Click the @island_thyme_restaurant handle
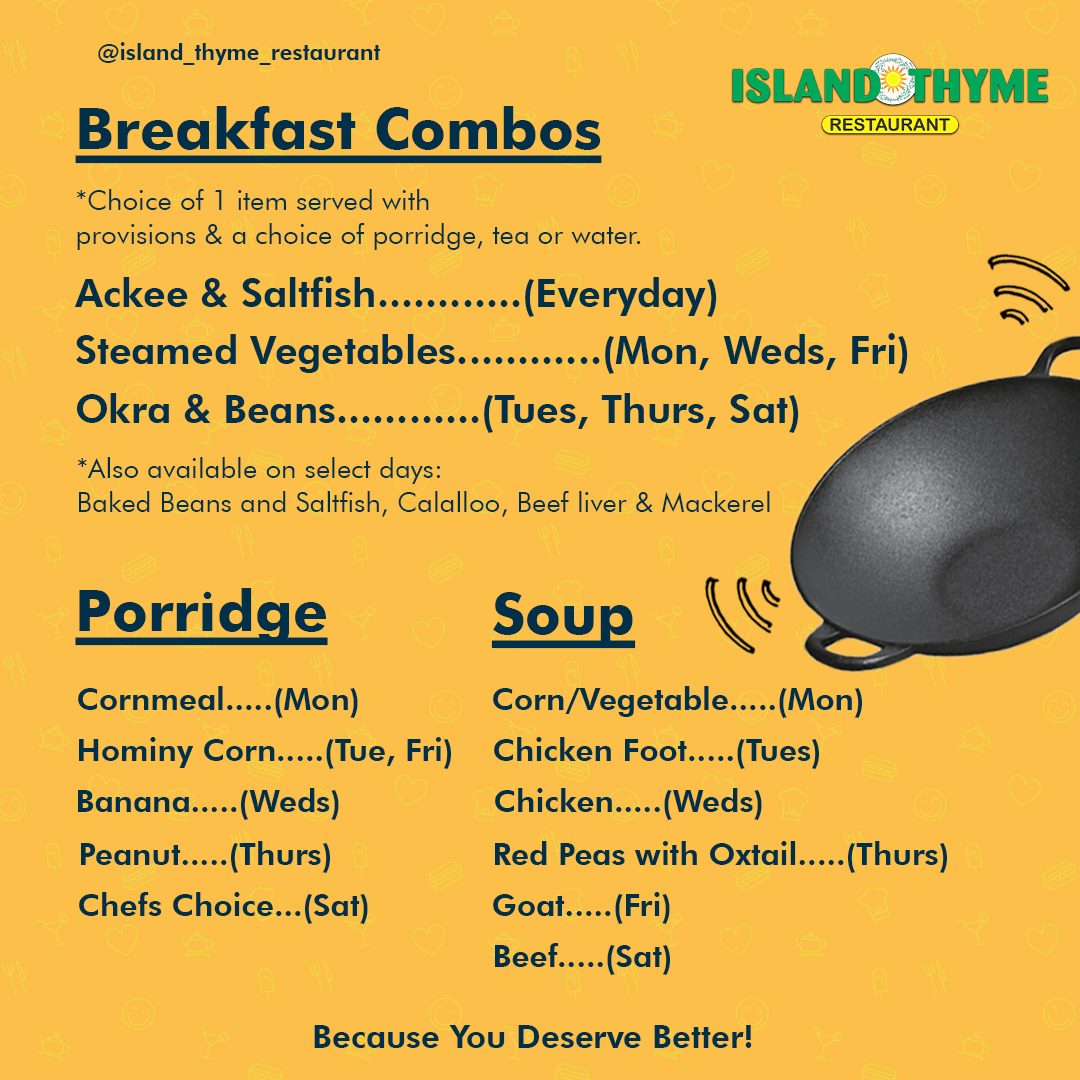[238, 53]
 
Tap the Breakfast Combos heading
[338, 130]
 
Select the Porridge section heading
[201, 614]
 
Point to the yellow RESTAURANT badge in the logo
[889, 125]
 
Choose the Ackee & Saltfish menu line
[397, 294]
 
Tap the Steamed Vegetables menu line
[492, 351]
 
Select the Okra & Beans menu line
[437, 410]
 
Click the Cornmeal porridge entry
[218, 700]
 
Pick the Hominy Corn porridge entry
[264, 751]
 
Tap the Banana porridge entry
[208, 802]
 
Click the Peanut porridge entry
[205, 855]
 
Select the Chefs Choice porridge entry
[223, 906]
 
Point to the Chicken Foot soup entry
[656, 751]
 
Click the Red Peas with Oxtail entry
[720, 855]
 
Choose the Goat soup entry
[581, 906]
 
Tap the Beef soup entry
[582, 957]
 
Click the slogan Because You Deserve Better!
[532, 1037]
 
